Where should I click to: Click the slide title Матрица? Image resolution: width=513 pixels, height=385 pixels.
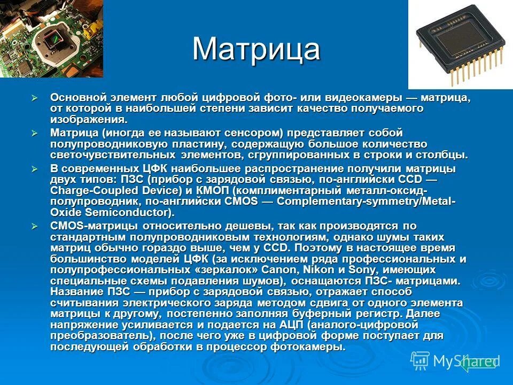click(x=256, y=49)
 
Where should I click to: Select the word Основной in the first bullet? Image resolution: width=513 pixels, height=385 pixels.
click(x=79, y=98)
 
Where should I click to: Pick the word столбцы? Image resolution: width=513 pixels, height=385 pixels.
click(x=445, y=155)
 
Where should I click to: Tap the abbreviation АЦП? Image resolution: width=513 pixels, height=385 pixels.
click(x=292, y=325)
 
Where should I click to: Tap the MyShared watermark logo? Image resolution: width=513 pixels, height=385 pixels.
click(x=454, y=361)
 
